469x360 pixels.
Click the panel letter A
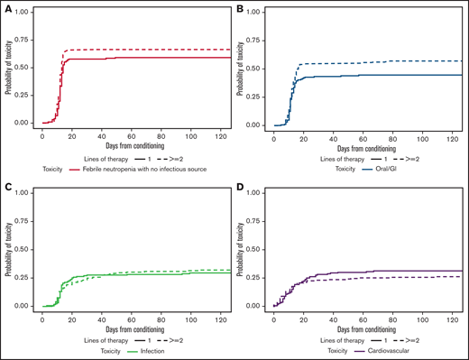[6, 7]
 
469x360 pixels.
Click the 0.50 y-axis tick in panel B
[257, 69]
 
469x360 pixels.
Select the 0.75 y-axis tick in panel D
[257, 221]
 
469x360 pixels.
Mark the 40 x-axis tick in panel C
[100, 315]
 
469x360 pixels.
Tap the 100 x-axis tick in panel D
[419, 315]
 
